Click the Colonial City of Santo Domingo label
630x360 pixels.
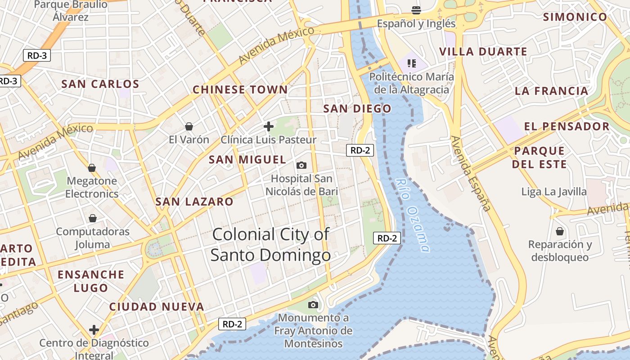tap(270, 244)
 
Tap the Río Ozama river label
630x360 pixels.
tap(413, 215)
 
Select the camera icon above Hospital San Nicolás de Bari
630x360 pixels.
tap(301, 165)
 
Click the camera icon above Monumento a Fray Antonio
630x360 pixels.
tap(313, 305)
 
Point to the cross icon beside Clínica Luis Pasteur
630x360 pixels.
tap(269, 126)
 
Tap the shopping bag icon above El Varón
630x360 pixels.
tap(189, 126)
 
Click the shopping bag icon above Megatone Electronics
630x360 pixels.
tap(92, 168)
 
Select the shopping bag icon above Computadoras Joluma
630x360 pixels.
tap(93, 218)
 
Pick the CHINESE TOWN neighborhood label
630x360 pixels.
tap(240, 90)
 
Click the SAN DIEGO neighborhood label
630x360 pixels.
tap(357, 108)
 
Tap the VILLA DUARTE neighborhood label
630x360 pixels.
tap(483, 52)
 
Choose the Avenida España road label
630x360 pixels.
tap(470, 173)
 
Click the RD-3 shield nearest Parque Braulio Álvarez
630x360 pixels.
tap(37, 56)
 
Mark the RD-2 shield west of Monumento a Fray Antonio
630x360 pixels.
tap(233, 324)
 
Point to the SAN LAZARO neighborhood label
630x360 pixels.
tap(194, 202)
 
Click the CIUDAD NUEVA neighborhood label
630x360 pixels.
tap(157, 307)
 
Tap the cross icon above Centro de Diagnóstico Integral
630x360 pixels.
tap(94, 330)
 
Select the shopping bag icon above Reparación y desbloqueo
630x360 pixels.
tap(560, 231)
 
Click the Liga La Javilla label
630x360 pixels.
tap(554, 192)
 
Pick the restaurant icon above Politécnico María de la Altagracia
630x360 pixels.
tap(411, 63)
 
